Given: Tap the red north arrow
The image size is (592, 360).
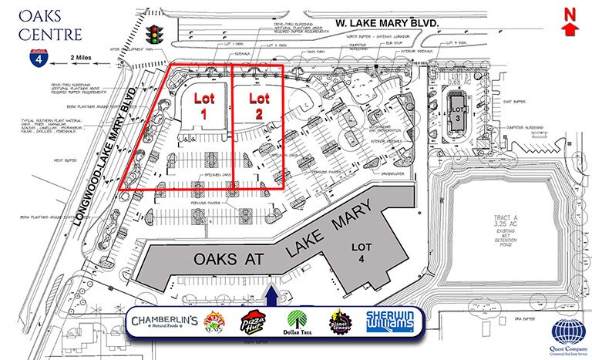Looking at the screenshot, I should [x=570, y=22].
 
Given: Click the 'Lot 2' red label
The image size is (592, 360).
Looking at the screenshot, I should [x=259, y=104].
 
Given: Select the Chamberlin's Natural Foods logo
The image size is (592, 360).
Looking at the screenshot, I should [x=165, y=321].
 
